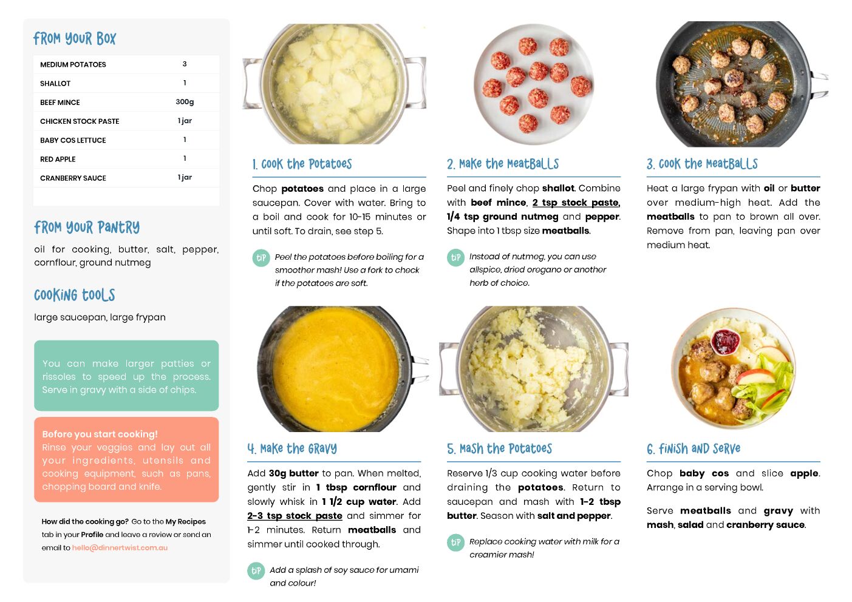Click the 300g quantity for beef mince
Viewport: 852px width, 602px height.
185,102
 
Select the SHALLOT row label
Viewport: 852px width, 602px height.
55,83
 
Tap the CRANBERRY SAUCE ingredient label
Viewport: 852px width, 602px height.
73,178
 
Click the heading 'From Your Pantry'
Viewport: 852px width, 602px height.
87,228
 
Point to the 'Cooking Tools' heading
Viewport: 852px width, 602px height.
75,295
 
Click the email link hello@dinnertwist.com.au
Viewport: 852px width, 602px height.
120,547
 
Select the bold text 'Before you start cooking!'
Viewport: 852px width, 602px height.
100,434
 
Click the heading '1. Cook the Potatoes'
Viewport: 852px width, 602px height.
302,164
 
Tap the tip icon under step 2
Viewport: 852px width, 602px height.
455,258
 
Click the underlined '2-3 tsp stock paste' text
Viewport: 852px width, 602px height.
295,516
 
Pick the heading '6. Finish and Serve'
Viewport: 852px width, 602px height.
694,449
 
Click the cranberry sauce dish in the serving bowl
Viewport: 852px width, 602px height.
725,341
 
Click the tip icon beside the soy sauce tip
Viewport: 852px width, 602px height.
256,571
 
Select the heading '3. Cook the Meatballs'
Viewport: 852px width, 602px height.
702,164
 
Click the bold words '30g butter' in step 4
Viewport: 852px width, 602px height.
294,473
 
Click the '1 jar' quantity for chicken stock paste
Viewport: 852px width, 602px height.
185,121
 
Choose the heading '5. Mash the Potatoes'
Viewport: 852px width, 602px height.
499,449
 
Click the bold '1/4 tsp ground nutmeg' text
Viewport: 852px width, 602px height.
503,217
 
